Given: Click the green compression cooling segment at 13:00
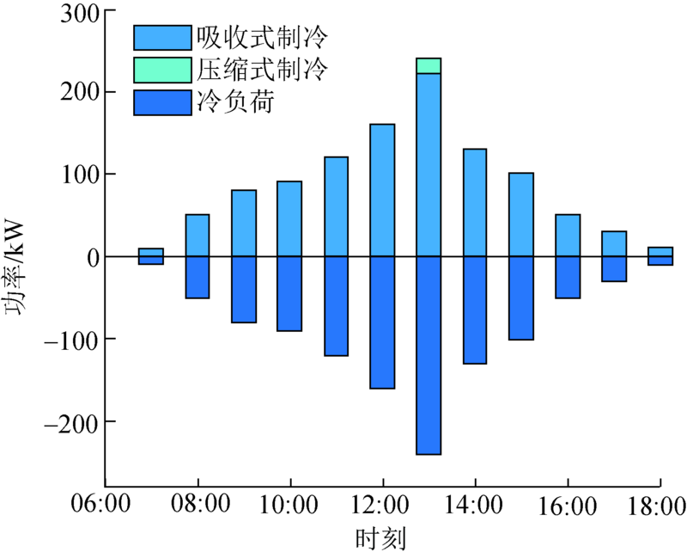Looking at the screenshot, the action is [429, 66].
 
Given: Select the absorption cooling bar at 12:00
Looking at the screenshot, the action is [382, 190].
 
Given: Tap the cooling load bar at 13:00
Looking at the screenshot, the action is [429, 355].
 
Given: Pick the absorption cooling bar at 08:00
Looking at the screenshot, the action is [198, 236].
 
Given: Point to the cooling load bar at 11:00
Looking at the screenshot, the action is [336, 306].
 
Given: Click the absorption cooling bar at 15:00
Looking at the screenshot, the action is [521, 215].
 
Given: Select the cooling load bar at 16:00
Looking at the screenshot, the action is [568, 278].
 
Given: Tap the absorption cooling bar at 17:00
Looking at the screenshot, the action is [614, 243].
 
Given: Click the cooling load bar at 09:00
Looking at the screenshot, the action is [244, 290].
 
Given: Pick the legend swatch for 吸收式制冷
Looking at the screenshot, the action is [162, 38].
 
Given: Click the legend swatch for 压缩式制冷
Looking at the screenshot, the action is [162, 71].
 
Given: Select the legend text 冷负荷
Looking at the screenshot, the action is [235, 101].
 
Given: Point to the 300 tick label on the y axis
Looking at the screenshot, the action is [80, 14].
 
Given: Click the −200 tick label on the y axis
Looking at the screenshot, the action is [70, 424].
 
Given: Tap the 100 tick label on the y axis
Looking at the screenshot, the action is [80, 176].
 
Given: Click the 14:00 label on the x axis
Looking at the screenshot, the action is [474, 504].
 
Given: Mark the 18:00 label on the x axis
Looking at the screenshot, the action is [657, 506].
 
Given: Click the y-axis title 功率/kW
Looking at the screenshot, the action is [15, 267].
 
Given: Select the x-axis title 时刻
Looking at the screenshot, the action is [380, 538].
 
